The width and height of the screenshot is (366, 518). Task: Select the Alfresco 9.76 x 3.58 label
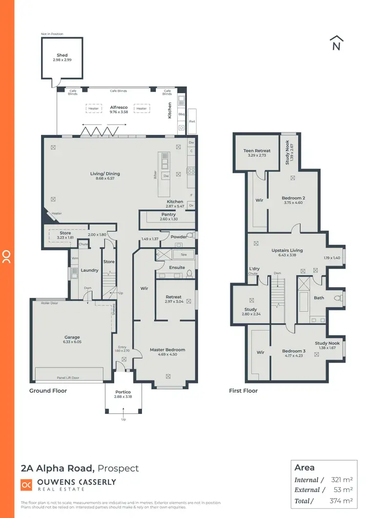(x=119, y=109)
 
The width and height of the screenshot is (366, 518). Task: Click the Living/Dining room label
(x=105, y=176)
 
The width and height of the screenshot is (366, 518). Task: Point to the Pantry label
(x=168, y=217)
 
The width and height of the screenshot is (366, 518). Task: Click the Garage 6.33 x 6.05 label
(x=72, y=340)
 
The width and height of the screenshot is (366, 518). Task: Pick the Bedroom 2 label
(x=293, y=200)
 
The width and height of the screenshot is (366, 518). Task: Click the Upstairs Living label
(x=287, y=252)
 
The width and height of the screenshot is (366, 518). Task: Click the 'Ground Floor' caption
(x=48, y=391)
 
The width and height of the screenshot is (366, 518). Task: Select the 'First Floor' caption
(x=243, y=391)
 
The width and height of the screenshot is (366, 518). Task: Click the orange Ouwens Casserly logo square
(x=26, y=485)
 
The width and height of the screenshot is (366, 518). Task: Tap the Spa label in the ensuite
(x=183, y=255)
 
